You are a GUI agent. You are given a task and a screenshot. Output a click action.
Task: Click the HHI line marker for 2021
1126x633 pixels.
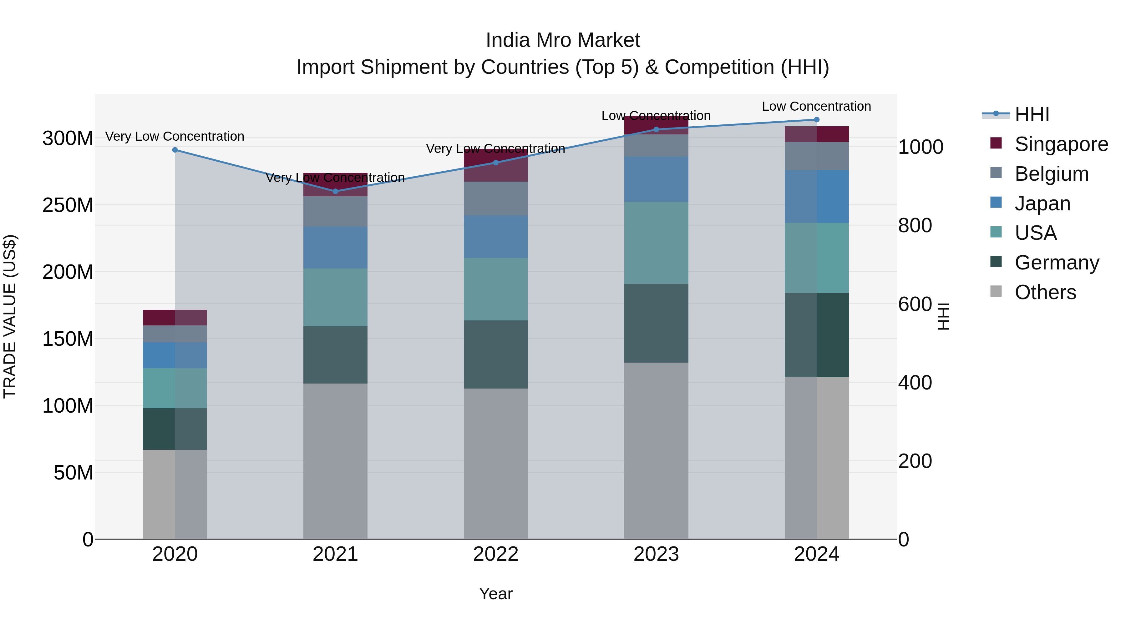pyautogui.click(x=335, y=191)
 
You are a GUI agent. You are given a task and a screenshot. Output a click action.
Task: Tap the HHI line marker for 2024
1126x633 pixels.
pyautogui.click(x=817, y=120)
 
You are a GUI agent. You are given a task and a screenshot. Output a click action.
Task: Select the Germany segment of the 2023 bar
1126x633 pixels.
pyautogui.click(x=656, y=323)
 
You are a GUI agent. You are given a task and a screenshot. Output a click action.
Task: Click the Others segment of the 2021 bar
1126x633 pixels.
pyautogui.click(x=335, y=461)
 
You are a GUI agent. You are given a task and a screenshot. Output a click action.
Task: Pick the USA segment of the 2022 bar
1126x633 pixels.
pyautogui.click(x=496, y=289)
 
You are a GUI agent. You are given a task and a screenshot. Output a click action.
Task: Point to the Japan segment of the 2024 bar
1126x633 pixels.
pyautogui.click(x=817, y=197)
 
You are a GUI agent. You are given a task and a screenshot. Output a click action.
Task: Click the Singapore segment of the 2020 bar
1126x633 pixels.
pyautogui.click(x=175, y=318)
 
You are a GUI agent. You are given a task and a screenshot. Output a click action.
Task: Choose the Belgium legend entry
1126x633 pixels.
pyautogui.click(x=1051, y=174)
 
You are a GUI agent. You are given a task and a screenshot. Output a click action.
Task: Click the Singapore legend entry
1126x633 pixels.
pyautogui.click(x=1061, y=144)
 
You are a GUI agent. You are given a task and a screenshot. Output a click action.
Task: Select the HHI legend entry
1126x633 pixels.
pyautogui.click(x=1032, y=114)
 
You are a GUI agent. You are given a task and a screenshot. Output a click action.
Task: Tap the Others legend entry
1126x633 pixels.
pyautogui.click(x=1045, y=292)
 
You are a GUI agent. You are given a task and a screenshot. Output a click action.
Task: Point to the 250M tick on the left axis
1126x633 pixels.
pyautogui.click(x=68, y=205)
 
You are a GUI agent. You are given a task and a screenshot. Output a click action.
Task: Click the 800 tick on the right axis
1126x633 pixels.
pyautogui.click(x=915, y=225)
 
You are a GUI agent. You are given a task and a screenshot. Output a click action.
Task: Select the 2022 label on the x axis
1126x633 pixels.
pyautogui.click(x=496, y=554)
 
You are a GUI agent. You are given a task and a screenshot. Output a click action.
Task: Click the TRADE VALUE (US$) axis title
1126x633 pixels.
pyautogui.click(x=10, y=316)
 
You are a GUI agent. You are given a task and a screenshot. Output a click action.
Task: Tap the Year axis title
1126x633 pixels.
pyautogui.click(x=496, y=594)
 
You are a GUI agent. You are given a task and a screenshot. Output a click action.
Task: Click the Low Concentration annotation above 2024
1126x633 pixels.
pyautogui.click(x=817, y=106)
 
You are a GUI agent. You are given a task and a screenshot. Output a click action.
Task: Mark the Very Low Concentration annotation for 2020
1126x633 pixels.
pyautogui.click(x=175, y=136)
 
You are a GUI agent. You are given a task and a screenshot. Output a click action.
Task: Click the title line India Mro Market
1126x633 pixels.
pyautogui.click(x=563, y=40)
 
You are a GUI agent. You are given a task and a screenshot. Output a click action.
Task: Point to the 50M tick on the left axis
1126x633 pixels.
pyautogui.click(x=74, y=473)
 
